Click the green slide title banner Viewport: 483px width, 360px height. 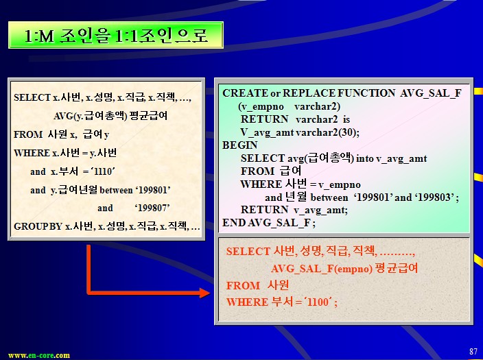pos(116,35)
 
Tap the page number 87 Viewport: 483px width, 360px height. pos(473,351)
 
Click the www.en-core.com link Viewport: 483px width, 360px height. pos(39,355)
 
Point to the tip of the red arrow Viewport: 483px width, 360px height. pos(210,293)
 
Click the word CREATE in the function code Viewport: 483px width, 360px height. pos(245,93)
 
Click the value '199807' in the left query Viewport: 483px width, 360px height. pos(152,208)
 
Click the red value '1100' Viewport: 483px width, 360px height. pos(318,302)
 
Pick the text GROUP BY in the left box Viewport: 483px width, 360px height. pos(38,227)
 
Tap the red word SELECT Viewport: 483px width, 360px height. pos(248,251)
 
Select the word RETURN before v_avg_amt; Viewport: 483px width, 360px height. pos(264,210)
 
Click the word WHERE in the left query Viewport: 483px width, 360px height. pos(32,153)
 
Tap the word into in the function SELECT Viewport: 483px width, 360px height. pos(365,158)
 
